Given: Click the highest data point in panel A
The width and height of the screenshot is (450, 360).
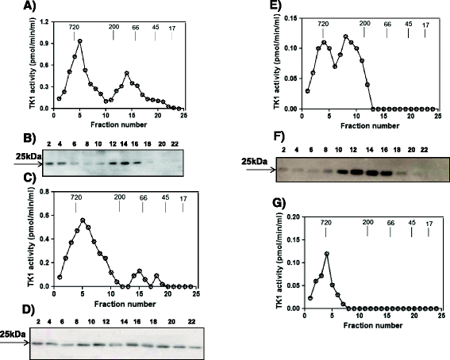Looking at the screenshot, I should [80, 41].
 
